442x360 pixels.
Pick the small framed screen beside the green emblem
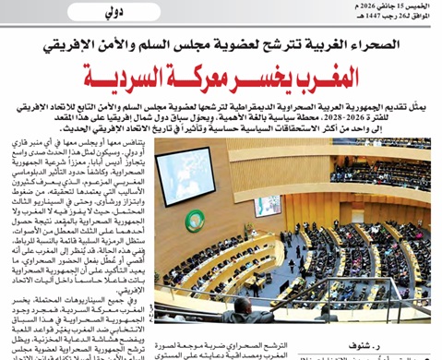[269, 206]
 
